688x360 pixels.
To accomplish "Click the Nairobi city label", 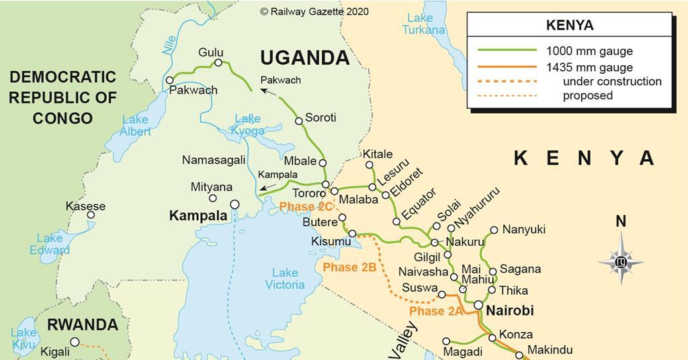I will click(509, 311).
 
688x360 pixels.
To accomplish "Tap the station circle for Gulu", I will click(218, 63).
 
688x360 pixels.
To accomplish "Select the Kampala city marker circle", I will click(234, 204).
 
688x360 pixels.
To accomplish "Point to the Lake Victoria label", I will click(285, 278).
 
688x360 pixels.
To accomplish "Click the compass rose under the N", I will click(621, 261).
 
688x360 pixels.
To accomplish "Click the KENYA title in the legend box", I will click(569, 26).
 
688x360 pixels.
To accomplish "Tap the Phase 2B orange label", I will click(349, 267).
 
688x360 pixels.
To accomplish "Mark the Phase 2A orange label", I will click(436, 311).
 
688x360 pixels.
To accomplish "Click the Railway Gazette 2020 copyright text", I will click(314, 11).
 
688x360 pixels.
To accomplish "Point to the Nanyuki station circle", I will click(494, 230).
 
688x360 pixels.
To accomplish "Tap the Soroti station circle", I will click(299, 121).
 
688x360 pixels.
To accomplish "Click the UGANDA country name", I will click(305, 58).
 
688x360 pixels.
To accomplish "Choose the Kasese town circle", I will click(91, 216).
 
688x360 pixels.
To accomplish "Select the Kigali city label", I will click(54, 351).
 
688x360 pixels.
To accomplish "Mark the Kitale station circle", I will click(369, 165).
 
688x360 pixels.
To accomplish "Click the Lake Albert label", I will click(135, 126).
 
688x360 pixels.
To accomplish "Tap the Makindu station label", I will click(550, 350).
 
